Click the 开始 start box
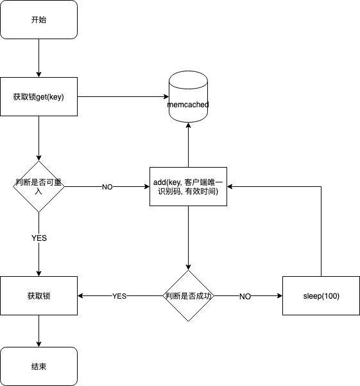click(x=39, y=19)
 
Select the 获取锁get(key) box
click(x=39, y=96)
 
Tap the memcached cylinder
click(x=189, y=96)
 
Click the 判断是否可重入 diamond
click(x=39, y=186)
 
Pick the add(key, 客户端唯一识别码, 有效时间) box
click(x=189, y=186)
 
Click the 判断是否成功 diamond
click(x=189, y=295)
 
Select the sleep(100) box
click(x=321, y=295)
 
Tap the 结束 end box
click(x=39, y=366)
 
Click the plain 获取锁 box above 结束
click(x=39, y=295)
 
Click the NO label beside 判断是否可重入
click(x=107, y=187)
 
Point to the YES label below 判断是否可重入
click(x=39, y=238)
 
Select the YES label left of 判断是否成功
click(x=119, y=296)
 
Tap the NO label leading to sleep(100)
click(x=245, y=296)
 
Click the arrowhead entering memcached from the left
click(x=166, y=96)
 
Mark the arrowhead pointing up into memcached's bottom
click(x=189, y=125)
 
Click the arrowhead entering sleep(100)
click(x=280, y=295)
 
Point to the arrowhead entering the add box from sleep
click(x=230, y=186)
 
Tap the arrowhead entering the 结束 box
click(x=39, y=344)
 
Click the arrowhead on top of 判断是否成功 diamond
click(x=189, y=267)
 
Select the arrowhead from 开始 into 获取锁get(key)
click(x=39, y=75)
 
